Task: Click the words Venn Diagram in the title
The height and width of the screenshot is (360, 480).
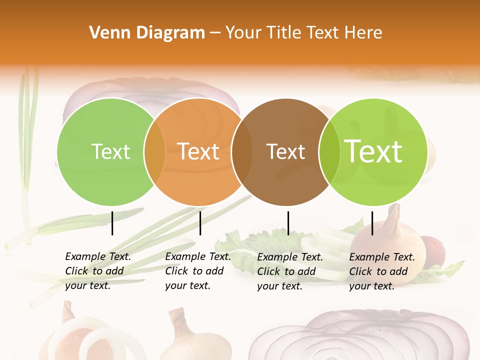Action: click(x=147, y=33)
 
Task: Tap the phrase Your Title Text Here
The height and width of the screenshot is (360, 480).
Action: click(x=304, y=33)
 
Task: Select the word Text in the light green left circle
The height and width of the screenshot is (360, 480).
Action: click(x=110, y=151)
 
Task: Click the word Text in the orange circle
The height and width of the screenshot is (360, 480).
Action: click(x=198, y=151)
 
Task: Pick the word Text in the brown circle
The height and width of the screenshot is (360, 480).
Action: click(x=285, y=151)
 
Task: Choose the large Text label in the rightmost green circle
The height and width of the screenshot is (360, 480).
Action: click(x=373, y=151)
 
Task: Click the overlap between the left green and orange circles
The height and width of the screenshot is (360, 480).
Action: click(x=154, y=151)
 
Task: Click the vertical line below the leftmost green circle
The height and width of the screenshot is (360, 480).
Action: click(x=112, y=223)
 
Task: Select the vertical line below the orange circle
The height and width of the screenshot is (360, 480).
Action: click(x=200, y=223)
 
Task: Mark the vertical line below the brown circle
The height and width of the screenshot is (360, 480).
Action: click(x=288, y=223)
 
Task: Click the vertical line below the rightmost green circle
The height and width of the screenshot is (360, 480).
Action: click(x=372, y=223)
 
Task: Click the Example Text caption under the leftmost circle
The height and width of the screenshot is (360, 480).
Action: click(x=97, y=271)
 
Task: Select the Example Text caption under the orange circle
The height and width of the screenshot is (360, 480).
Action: click(x=197, y=271)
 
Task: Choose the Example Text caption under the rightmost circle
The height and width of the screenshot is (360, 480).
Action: click(x=381, y=271)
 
